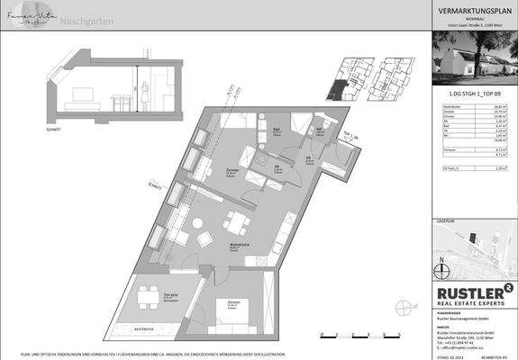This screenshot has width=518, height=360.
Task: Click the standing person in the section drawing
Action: pyautogui.click(x=146, y=93)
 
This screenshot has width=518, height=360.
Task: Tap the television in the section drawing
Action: pyautogui.click(x=85, y=92)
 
